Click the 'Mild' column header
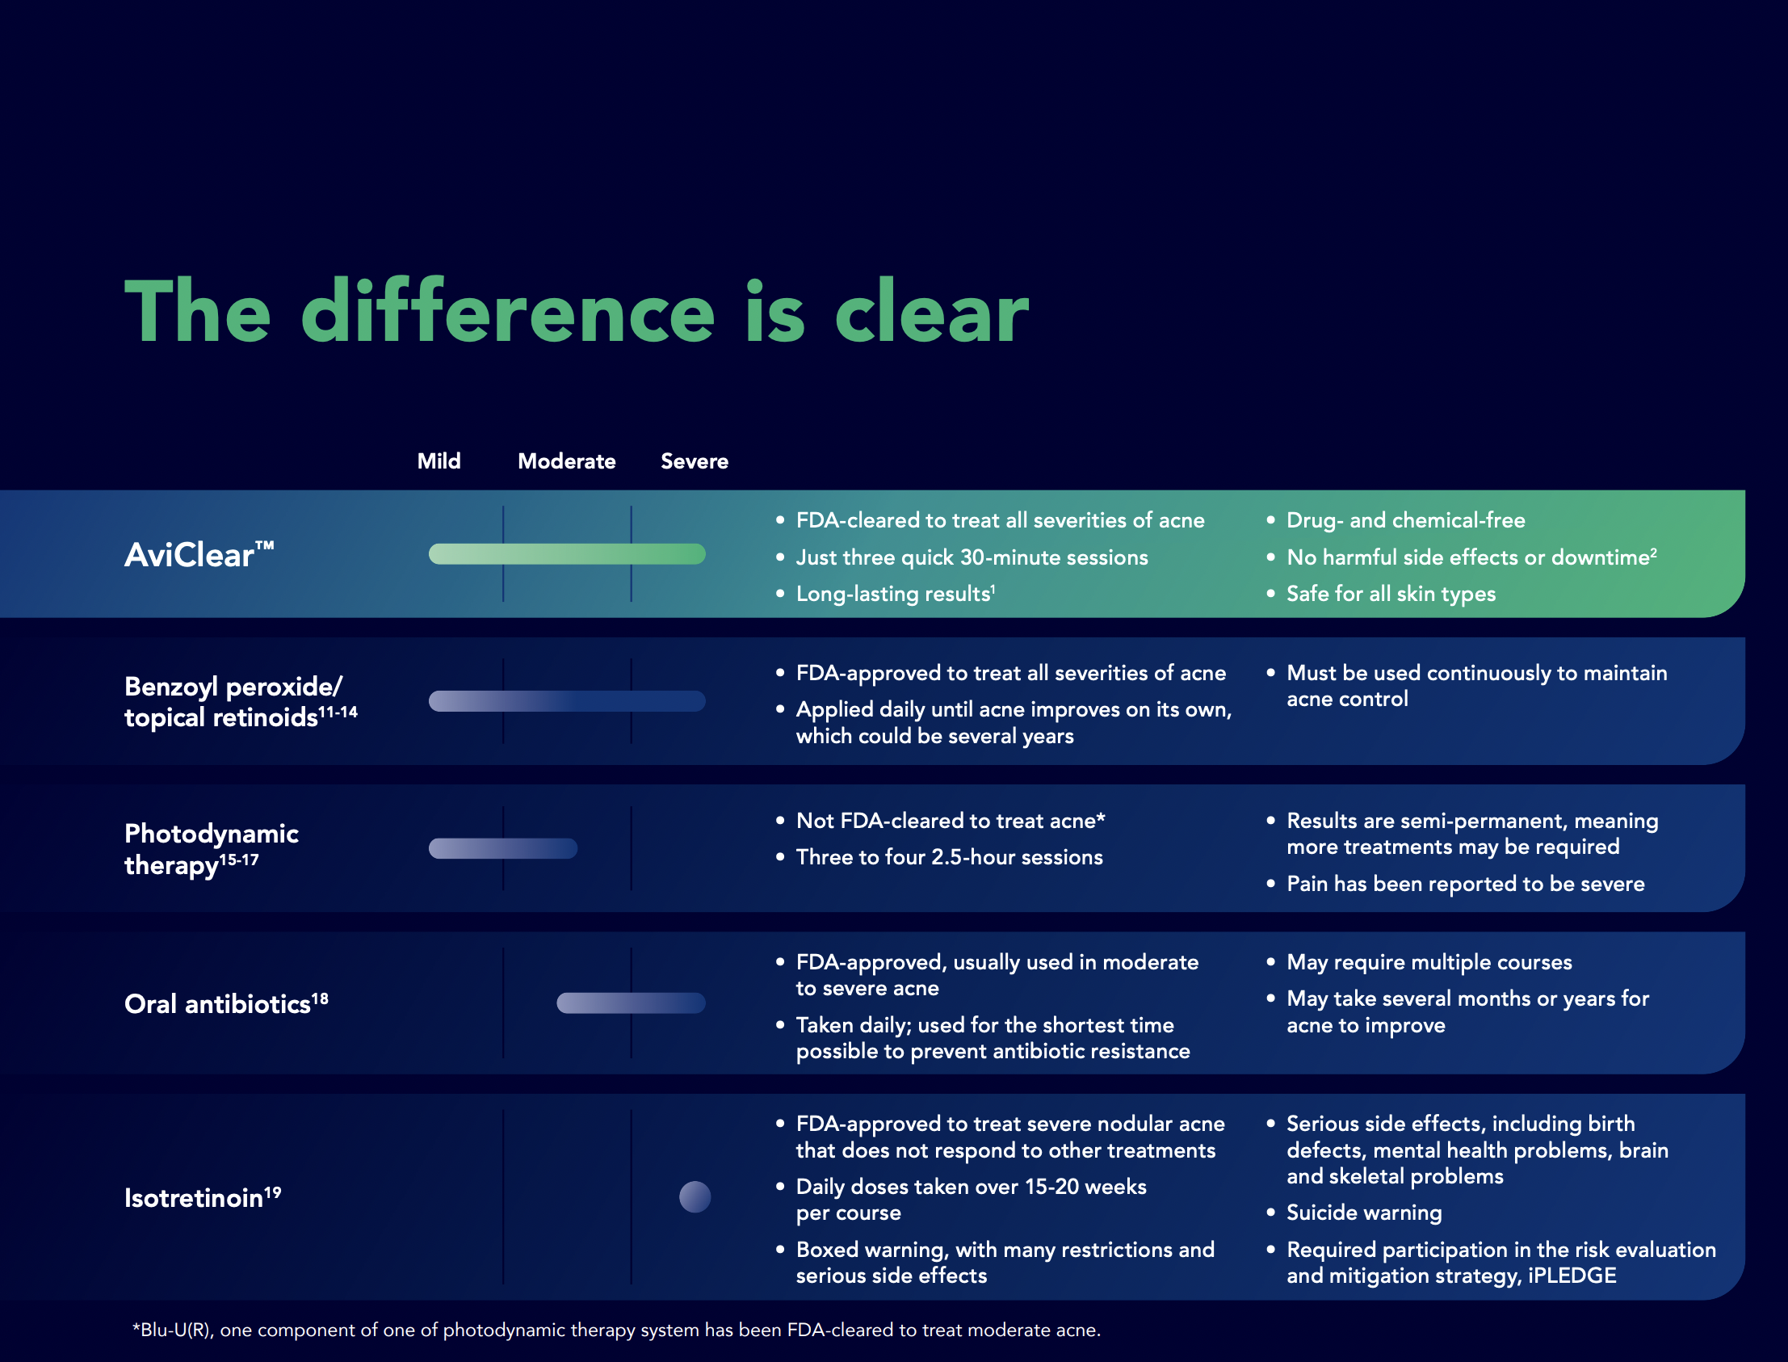[439, 461]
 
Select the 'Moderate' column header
[567, 461]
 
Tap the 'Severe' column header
[695, 461]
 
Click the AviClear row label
[199, 554]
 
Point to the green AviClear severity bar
[567, 553]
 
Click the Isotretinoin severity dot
[695, 1196]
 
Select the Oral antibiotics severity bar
[631, 1003]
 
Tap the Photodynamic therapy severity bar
[502, 848]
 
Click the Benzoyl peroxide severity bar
[567, 701]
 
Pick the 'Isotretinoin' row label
[203, 1197]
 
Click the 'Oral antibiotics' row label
[226, 1003]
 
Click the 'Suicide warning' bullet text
[1364, 1213]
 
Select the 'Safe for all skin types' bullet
[1391, 595]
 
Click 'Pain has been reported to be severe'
[1466, 884]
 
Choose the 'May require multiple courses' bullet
[1429, 962]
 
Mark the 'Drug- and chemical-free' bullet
[1405, 520]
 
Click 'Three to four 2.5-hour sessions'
[949, 857]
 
